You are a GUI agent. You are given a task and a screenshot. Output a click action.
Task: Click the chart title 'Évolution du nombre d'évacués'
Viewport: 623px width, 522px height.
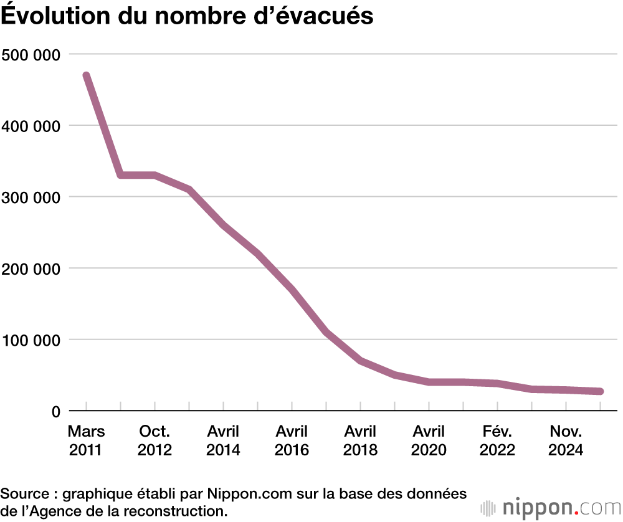pos(187,16)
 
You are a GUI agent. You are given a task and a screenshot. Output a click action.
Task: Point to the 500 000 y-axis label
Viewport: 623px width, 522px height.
pos(31,55)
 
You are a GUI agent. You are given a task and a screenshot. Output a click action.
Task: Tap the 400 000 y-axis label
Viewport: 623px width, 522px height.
pos(31,126)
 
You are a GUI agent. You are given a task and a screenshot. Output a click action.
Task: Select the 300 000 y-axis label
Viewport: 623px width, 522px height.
pos(31,197)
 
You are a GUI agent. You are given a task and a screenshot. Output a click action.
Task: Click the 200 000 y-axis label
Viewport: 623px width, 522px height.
pos(31,268)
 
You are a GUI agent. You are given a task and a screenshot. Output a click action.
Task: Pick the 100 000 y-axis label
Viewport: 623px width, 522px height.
pos(31,340)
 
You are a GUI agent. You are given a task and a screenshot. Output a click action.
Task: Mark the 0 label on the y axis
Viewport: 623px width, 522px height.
pos(55,411)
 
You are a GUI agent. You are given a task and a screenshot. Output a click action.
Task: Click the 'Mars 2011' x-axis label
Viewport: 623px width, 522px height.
pos(87,440)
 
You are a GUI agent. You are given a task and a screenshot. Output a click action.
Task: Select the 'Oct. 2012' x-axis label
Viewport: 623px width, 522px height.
pos(155,440)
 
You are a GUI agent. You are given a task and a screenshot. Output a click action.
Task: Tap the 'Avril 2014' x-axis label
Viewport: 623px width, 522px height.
pos(223,440)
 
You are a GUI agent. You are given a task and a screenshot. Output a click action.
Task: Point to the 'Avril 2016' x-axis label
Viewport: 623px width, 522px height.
pos(292,440)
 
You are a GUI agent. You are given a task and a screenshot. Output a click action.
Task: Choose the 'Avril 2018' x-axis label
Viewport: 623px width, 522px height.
pos(360,440)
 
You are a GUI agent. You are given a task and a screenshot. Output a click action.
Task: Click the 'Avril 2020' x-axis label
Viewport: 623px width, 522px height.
pos(429,440)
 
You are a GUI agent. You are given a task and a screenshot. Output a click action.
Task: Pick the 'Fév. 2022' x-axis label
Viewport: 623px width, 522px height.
pos(497,440)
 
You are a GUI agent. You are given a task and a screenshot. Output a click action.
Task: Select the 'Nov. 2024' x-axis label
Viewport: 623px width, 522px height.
pos(566,440)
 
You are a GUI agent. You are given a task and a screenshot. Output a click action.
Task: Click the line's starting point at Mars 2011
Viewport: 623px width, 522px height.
pos(87,76)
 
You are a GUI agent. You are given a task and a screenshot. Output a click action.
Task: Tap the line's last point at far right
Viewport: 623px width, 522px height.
pos(600,391)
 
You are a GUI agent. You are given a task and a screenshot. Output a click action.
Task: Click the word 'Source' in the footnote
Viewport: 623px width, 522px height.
pos(25,494)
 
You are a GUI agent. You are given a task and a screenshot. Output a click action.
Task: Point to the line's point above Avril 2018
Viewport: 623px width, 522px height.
pos(360,361)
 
